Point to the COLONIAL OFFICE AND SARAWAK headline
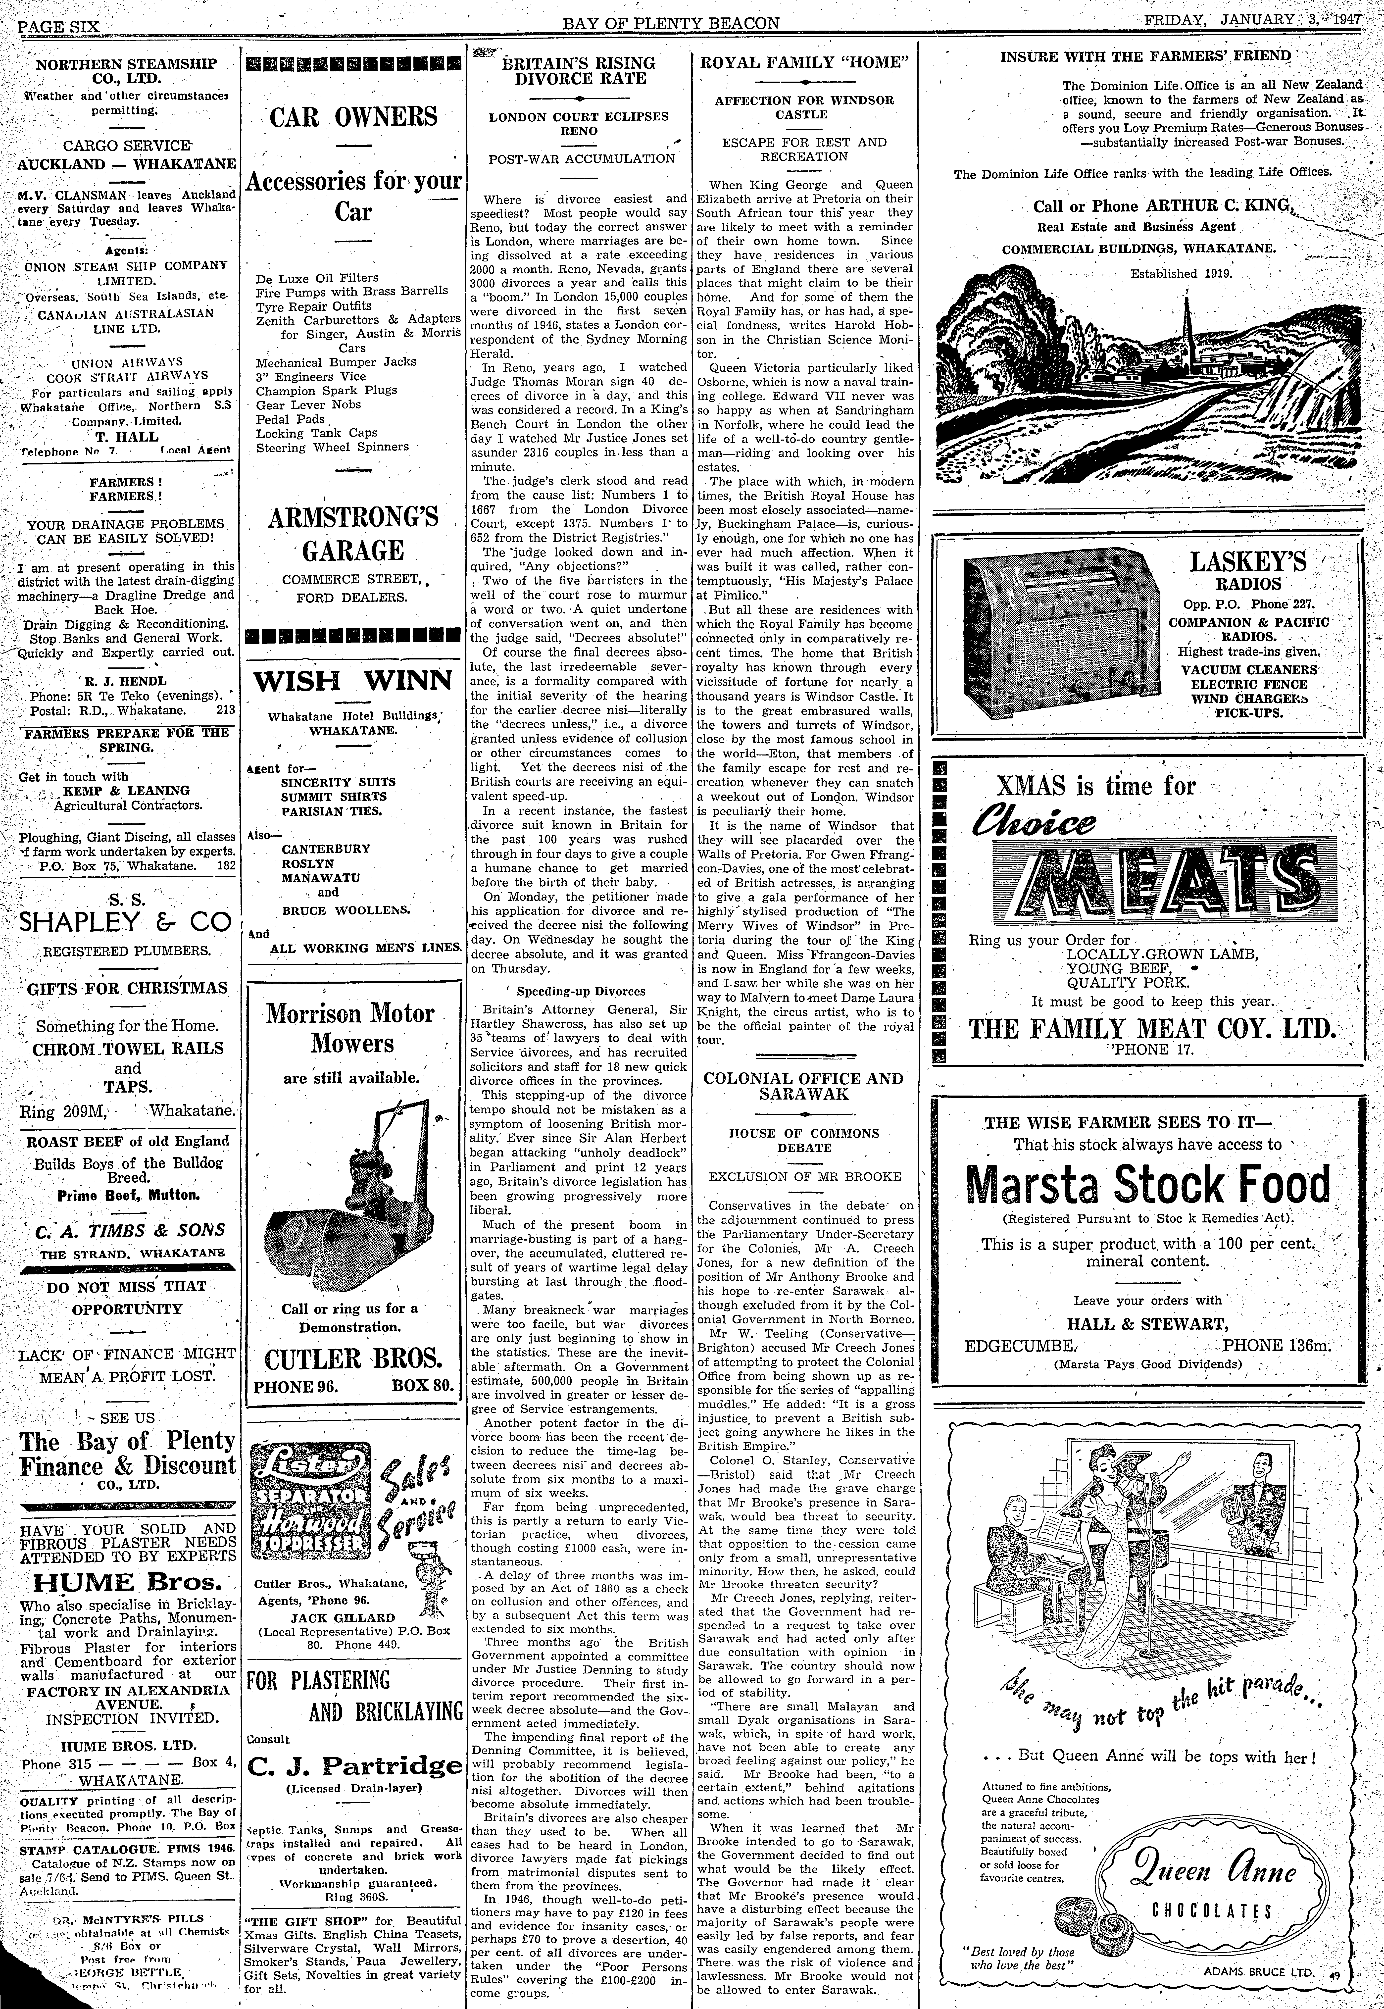pos(803,1086)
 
